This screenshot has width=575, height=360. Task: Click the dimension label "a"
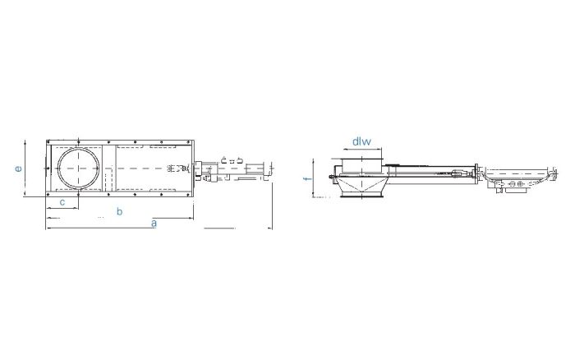[x=154, y=223]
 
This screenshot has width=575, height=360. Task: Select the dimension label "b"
[x=120, y=211]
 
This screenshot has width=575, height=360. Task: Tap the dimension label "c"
[x=62, y=202]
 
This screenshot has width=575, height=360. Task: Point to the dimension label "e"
[x=18, y=168]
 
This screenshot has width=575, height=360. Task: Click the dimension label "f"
[x=308, y=178]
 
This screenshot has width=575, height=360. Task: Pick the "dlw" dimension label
[x=361, y=141]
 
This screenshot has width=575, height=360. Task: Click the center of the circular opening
[x=79, y=168]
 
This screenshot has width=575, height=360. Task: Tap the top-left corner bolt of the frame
[x=48, y=141]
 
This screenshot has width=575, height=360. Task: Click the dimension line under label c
[x=62, y=209]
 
